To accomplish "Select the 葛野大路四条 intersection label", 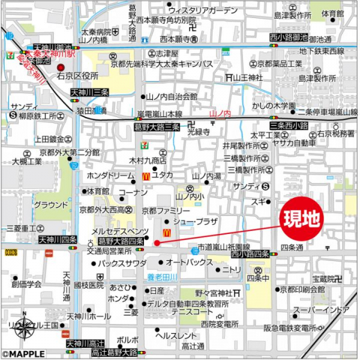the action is tap(119, 241).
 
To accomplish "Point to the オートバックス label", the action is tap(189, 263).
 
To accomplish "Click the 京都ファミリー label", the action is tap(161, 211).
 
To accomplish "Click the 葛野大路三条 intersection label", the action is tap(157, 127).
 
